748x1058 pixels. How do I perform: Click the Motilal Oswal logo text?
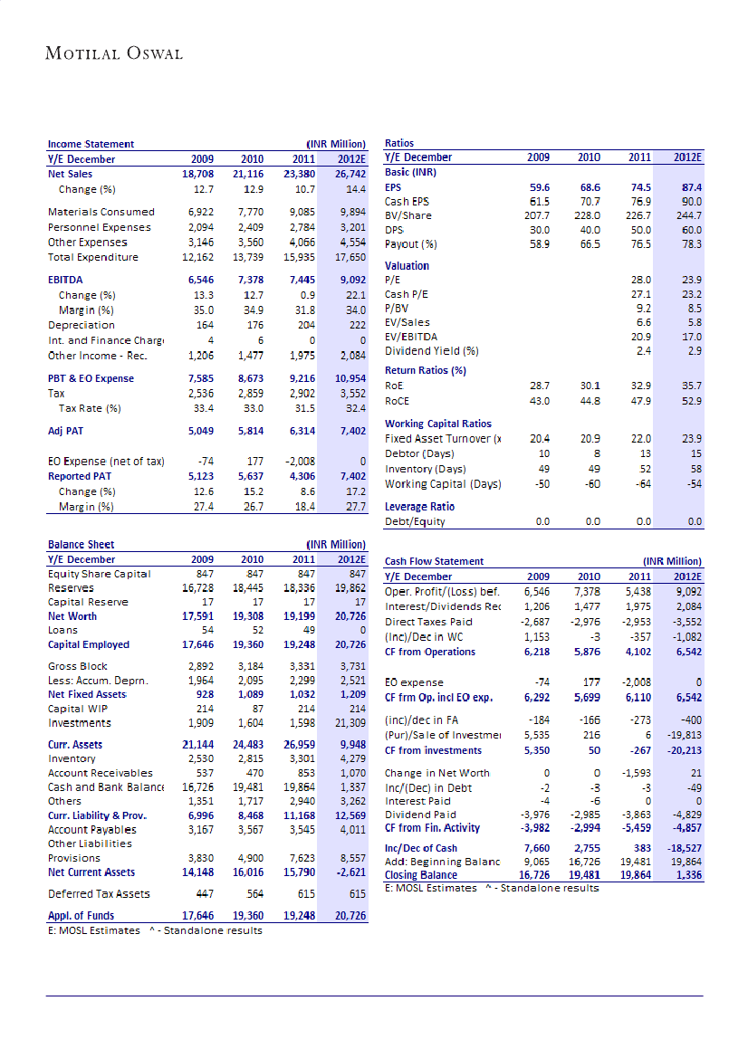tap(114, 53)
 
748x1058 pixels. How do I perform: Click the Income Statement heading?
tap(91, 144)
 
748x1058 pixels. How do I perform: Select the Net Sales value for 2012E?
tap(349, 173)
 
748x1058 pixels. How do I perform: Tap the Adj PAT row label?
tap(66, 431)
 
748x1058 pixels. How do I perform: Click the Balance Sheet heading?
tap(82, 545)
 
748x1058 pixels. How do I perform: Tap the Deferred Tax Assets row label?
tap(92, 894)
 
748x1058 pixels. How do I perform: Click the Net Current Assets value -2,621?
tap(349, 872)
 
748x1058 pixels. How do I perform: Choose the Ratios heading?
tap(399, 143)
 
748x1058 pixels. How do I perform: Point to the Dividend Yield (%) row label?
tap(431, 350)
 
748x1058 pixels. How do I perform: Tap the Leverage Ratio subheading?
tap(419, 506)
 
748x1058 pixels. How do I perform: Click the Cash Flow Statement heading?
tap(434, 561)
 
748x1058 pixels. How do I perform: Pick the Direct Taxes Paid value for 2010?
tap(588, 622)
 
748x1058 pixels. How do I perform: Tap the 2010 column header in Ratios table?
tap(589, 157)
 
